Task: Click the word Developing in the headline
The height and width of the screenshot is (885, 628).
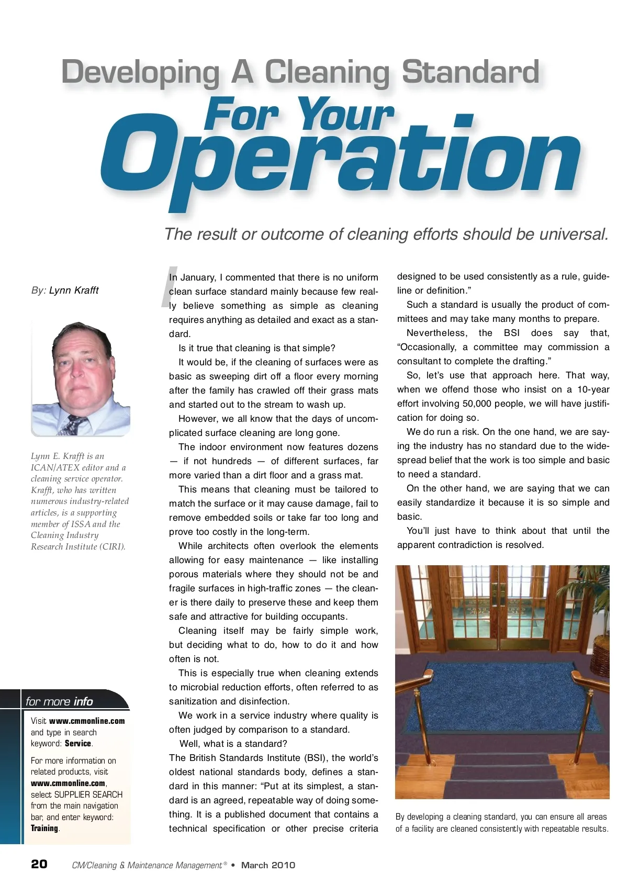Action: pos(140,73)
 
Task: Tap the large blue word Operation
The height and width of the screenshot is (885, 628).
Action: pos(340,157)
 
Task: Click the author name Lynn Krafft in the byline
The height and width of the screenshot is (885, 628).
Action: pos(74,290)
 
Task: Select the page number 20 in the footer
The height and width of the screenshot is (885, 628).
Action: pos(39,864)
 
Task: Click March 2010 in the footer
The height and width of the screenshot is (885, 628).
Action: pos(268,865)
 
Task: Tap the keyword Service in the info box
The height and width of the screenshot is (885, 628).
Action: pos(78,743)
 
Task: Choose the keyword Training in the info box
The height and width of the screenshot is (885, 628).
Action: pos(44,828)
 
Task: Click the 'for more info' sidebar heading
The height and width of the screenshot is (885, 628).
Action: pos(59,701)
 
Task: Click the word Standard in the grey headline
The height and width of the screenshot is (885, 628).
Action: pos(470,73)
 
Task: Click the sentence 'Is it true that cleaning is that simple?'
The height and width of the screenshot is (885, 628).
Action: pos(256,348)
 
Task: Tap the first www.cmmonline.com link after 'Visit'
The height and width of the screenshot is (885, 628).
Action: pos(87,721)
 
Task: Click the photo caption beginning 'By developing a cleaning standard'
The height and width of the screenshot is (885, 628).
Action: pos(502,822)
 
